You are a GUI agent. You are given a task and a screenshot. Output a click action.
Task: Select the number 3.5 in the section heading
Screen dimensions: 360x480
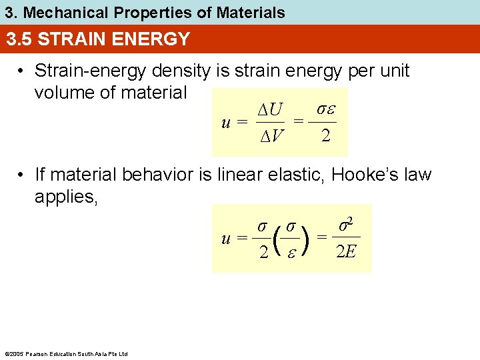click(20, 39)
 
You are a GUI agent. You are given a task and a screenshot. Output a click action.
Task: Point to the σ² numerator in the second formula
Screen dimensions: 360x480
click(345, 225)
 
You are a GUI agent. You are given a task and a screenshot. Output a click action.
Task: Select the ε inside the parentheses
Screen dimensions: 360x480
click(290, 252)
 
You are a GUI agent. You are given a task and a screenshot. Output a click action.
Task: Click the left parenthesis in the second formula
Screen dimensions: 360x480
click(275, 239)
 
